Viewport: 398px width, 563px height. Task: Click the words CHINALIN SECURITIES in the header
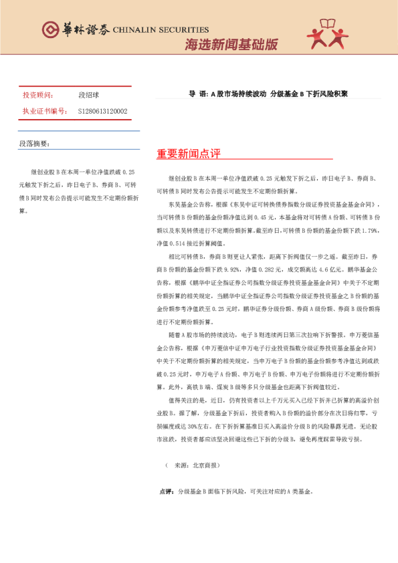coord(161,29)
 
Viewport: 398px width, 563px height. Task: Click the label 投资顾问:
coord(37,96)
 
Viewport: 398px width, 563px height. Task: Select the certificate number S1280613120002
coord(102,111)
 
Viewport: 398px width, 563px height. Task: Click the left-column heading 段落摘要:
coord(34,143)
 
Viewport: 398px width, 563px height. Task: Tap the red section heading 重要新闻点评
coord(189,154)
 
